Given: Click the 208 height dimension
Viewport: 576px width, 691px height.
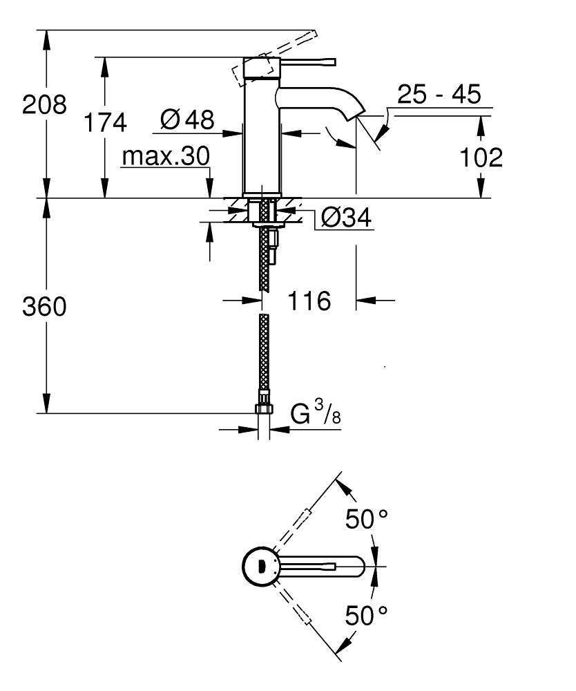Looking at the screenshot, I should [x=44, y=105].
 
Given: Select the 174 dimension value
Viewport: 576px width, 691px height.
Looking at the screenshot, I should [x=105, y=122].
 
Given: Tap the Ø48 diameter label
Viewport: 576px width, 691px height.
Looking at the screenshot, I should [x=186, y=120].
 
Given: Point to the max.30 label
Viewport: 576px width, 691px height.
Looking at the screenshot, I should [x=165, y=157].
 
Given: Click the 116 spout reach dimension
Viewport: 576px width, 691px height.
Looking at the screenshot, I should [x=309, y=301].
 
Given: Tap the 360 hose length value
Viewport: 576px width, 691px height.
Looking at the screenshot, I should [x=44, y=307].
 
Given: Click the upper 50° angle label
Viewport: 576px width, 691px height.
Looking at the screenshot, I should [x=367, y=519].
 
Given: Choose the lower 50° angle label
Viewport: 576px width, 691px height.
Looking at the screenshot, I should [x=367, y=614].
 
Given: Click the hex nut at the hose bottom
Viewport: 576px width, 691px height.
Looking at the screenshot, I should [x=263, y=408].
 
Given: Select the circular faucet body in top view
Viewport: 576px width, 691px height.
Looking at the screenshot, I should [x=260, y=567].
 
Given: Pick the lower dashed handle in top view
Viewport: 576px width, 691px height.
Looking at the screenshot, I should [x=302, y=614].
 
